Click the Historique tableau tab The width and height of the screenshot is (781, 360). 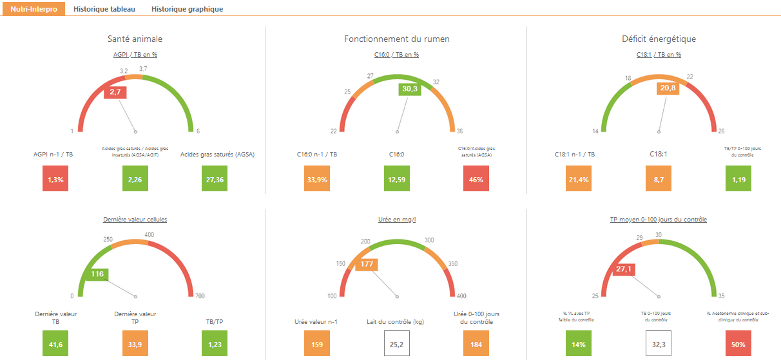pyautogui.click(x=103, y=10)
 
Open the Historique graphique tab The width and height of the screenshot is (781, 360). pyautogui.click(x=187, y=10)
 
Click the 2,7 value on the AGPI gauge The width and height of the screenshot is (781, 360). pyautogui.click(x=115, y=93)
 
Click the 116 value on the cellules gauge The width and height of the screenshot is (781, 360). pyautogui.click(x=97, y=274)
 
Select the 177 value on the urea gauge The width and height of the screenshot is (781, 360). pyautogui.click(x=367, y=264)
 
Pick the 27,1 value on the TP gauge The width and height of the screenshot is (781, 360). pyautogui.click(x=622, y=269)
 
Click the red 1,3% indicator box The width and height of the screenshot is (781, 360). pyautogui.click(x=55, y=180)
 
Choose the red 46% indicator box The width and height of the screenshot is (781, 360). pyautogui.click(x=476, y=180)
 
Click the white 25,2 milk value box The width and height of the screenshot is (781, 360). pyautogui.click(x=397, y=345)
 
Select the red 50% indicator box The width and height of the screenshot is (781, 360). pyautogui.click(x=738, y=345)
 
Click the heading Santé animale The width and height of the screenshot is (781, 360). pyautogui.click(x=135, y=39)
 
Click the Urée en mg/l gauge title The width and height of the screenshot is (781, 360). pyautogui.click(x=396, y=220)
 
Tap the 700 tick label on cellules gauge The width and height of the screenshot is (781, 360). pyautogui.click(x=200, y=296)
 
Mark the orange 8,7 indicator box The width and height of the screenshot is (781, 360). pyautogui.click(x=659, y=180)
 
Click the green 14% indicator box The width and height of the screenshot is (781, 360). pyautogui.click(x=579, y=345)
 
